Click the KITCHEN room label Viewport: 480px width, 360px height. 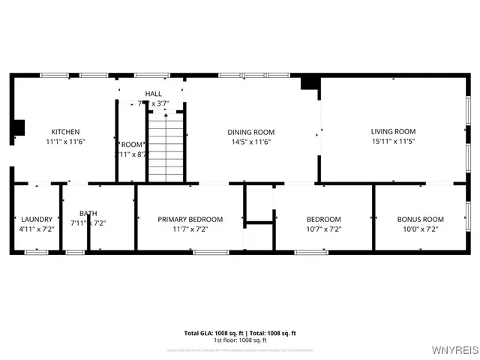pos(65,132)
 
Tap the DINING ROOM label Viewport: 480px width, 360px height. pos(250,132)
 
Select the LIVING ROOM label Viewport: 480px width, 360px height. pos(393,131)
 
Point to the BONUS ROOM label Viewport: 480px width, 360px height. pos(420,219)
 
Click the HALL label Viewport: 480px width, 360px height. pos(153,94)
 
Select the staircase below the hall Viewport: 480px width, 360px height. pos(166,147)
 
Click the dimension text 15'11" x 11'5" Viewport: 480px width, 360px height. pos(393,141)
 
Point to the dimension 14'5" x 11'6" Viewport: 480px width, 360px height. pos(250,141)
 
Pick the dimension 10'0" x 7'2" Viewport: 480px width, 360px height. pos(420,229)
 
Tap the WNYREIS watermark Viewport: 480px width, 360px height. pos(451,349)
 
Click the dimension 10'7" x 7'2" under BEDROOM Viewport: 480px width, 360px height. pos(323,229)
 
